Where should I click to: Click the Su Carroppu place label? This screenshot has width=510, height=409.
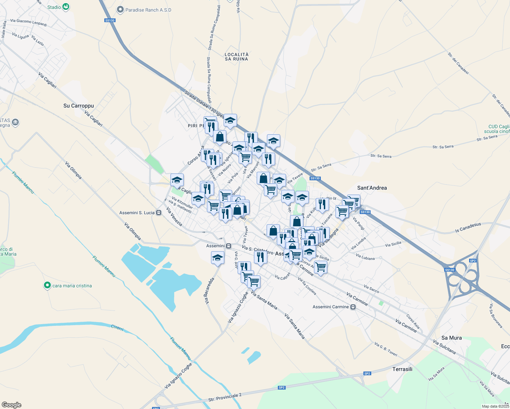[x=78, y=106]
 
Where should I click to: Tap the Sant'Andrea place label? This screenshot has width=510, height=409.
[x=372, y=188]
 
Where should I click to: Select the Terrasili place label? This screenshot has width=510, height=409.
[x=402, y=369]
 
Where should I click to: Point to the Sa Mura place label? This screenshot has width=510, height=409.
[x=451, y=338]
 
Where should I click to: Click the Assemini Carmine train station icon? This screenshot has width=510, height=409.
[x=353, y=307]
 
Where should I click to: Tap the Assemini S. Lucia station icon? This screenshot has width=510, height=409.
[x=159, y=213]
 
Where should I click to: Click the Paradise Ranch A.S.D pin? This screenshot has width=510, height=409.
[x=120, y=10]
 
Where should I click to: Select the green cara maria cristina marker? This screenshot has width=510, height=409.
[x=47, y=285]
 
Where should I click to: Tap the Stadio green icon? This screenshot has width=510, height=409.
[x=66, y=7]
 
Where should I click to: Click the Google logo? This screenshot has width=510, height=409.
[x=12, y=405]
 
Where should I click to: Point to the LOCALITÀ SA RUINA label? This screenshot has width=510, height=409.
[x=237, y=57]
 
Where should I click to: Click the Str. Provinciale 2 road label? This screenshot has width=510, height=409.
[x=225, y=397]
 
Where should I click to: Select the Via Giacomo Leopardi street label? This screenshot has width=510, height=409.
[x=29, y=22]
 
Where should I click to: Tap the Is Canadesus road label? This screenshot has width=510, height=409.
[x=468, y=228]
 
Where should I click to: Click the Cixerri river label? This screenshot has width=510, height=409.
[x=117, y=328]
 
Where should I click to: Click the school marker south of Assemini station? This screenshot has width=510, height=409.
[x=217, y=258]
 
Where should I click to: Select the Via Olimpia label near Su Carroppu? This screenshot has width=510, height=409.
[x=73, y=170]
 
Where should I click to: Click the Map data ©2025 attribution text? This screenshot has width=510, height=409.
[x=495, y=406]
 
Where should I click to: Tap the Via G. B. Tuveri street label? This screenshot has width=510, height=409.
[x=386, y=349]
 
